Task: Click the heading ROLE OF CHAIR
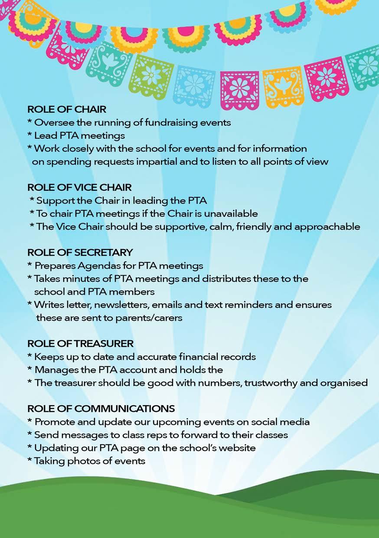click(x=67, y=109)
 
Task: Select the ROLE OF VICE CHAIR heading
click(x=79, y=187)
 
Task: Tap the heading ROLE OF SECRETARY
click(x=80, y=253)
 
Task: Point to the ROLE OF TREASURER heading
click(x=80, y=344)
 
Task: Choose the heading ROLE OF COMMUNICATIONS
click(x=101, y=409)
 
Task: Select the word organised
click(x=344, y=383)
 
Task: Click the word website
click(x=234, y=448)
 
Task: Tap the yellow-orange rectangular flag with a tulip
click(x=284, y=85)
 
